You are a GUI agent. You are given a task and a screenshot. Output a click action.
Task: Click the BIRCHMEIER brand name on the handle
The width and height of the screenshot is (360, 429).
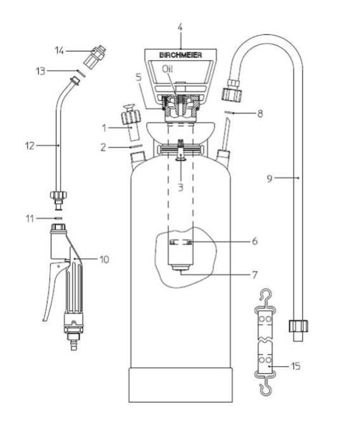(x=180, y=55)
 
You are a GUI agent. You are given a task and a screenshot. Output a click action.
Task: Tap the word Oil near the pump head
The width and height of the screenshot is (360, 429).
(x=167, y=69)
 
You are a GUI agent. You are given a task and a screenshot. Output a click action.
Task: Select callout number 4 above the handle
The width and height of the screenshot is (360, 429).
(x=180, y=27)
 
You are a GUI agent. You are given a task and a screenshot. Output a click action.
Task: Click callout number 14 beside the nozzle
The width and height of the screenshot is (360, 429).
(x=59, y=51)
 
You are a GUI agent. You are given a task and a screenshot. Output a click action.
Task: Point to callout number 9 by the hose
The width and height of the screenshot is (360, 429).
(x=270, y=179)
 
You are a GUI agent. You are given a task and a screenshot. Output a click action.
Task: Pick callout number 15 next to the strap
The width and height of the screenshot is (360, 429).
(x=296, y=366)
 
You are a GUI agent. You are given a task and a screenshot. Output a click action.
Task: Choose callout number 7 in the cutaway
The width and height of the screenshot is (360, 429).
(x=255, y=275)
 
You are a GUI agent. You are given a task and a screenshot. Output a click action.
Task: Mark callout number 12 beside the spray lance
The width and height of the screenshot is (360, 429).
(x=30, y=146)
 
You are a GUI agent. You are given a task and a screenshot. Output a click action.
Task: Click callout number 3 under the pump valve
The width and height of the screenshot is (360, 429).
(x=180, y=187)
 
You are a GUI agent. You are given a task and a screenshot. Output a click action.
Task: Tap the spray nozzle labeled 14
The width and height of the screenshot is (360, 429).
(x=94, y=57)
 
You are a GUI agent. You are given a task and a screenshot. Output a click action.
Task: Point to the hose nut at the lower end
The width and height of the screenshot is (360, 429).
(x=298, y=325)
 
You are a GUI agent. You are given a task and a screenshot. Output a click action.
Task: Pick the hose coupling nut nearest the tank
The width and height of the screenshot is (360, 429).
(x=232, y=89)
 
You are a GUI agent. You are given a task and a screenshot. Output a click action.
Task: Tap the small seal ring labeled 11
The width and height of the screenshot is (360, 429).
(x=58, y=218)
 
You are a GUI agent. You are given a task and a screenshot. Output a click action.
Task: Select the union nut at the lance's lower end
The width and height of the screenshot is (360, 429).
(x=58, y=194)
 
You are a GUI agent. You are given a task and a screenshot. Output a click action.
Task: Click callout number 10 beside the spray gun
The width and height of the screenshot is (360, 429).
(x=104, y=260)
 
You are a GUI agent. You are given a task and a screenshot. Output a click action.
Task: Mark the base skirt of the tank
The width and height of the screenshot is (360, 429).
(x=180, y=385)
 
